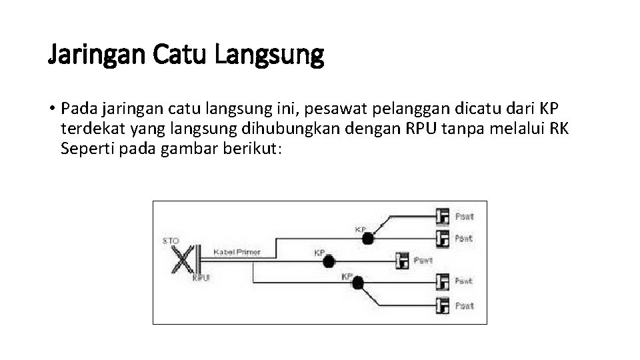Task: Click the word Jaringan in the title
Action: pos(97,55)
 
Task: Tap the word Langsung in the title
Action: pos(269,55)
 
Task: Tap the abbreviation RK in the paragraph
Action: pos(559,128)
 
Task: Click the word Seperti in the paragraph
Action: pos(84,148)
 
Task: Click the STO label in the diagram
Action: pos(170,239)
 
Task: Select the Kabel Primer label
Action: pos(237,253)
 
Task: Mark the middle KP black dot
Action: pos(328,261)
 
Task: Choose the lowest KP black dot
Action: pos(357,283)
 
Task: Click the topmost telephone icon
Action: pos(442,217)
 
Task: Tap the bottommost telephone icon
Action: pos(442,306)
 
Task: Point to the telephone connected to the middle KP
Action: pos(401,260)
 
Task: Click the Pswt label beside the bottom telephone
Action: pos(464,306)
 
